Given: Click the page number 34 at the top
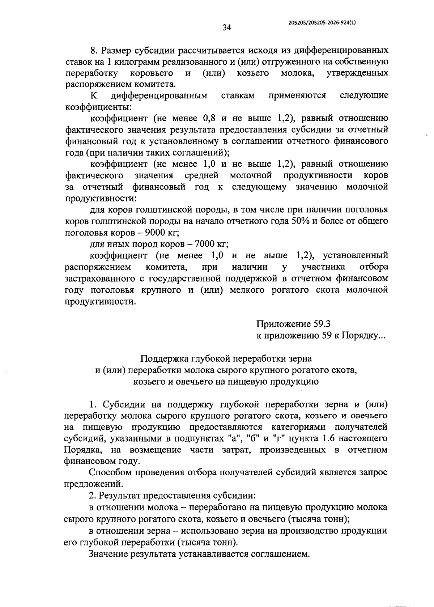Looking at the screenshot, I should [227, 27].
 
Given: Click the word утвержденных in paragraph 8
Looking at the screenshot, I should [357, 73].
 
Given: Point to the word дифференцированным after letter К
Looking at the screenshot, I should [159, 95].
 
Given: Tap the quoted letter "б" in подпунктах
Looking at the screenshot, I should [252, 438].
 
